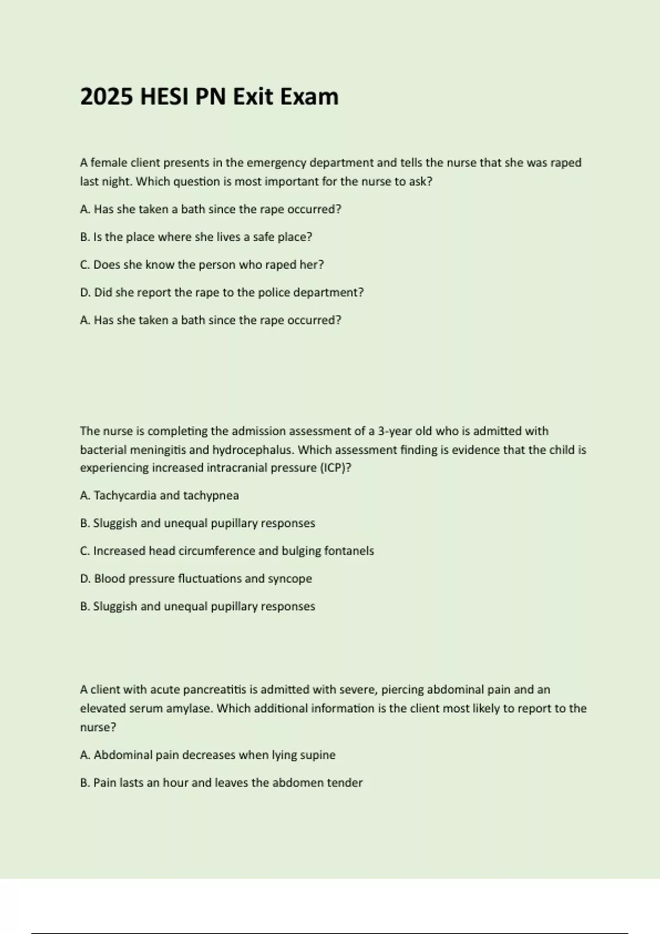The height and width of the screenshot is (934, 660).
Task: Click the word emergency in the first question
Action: [277, 163]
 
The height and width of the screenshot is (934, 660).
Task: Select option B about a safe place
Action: [196, 237]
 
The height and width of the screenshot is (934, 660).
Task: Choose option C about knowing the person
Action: [202, 265]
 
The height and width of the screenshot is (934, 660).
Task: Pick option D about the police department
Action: [222, 293]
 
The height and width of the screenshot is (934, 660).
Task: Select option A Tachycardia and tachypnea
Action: [159, 496]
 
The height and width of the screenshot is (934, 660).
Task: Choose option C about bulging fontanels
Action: [227, 551]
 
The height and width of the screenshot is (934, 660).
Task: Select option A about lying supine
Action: [207, 755]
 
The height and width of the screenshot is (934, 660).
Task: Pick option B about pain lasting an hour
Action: [221, 783]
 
